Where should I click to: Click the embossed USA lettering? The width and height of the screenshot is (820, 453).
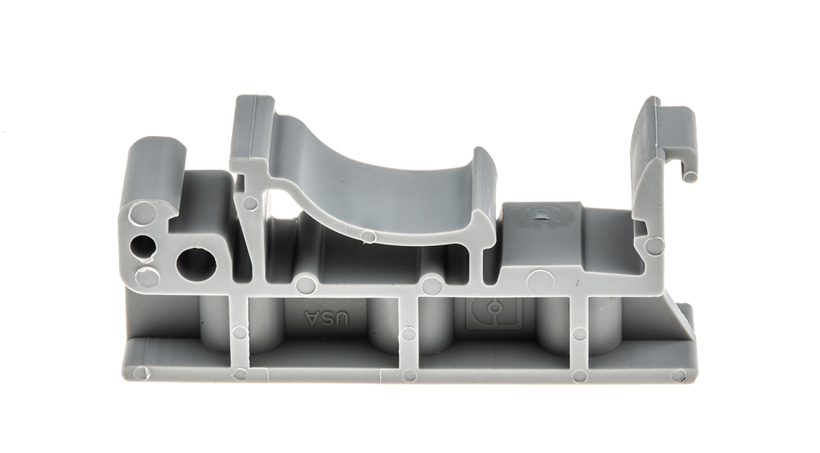point(327,318)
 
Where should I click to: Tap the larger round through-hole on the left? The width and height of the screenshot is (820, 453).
point(196,265)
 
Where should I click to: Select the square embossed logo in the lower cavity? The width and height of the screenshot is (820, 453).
point(493,313)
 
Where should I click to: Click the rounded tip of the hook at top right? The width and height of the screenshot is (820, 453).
point(689,177)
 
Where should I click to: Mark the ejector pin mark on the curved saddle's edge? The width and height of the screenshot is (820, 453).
point(368,237)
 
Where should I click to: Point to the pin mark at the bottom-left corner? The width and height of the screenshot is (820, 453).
point(140,373)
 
